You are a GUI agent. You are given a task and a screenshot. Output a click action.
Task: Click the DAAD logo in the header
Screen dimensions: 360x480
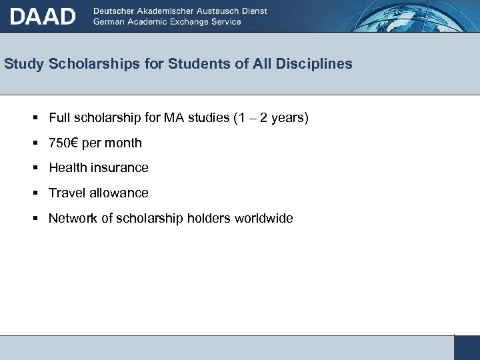click(x=43, y=16)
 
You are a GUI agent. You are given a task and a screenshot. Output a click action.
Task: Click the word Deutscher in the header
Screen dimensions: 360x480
click(x=117, y=11)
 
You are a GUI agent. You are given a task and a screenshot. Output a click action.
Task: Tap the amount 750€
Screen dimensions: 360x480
click(x=63, y=143)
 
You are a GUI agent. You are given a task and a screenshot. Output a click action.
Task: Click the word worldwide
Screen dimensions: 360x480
click(x=263, y=219)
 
